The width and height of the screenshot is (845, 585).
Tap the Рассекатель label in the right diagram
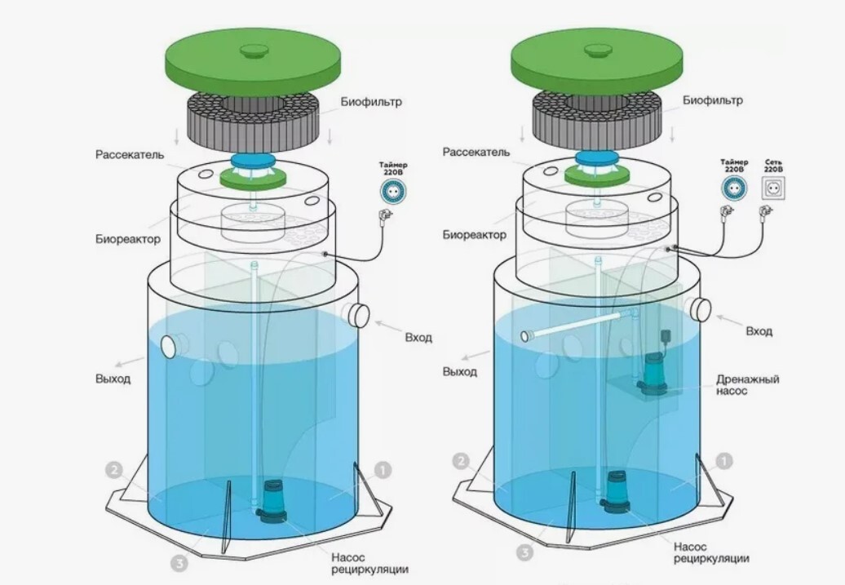coord(476,153)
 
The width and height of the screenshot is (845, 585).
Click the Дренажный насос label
coord(748,385)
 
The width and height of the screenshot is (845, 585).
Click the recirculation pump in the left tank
coord(272,499)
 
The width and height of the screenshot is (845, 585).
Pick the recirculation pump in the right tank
coord(616,492)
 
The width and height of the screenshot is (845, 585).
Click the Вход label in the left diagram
coord(418,337)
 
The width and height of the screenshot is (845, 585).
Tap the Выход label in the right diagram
coord(460,371)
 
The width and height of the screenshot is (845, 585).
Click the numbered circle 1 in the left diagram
coord(380,470)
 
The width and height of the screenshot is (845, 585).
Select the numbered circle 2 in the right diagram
coord(461,462)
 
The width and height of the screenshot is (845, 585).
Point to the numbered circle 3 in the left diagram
coord(181,562)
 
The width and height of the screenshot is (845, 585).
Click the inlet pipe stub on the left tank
coord(356,314)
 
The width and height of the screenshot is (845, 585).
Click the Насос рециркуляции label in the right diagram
coord(711,552)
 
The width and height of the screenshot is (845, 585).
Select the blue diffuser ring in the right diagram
coord(597,159)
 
